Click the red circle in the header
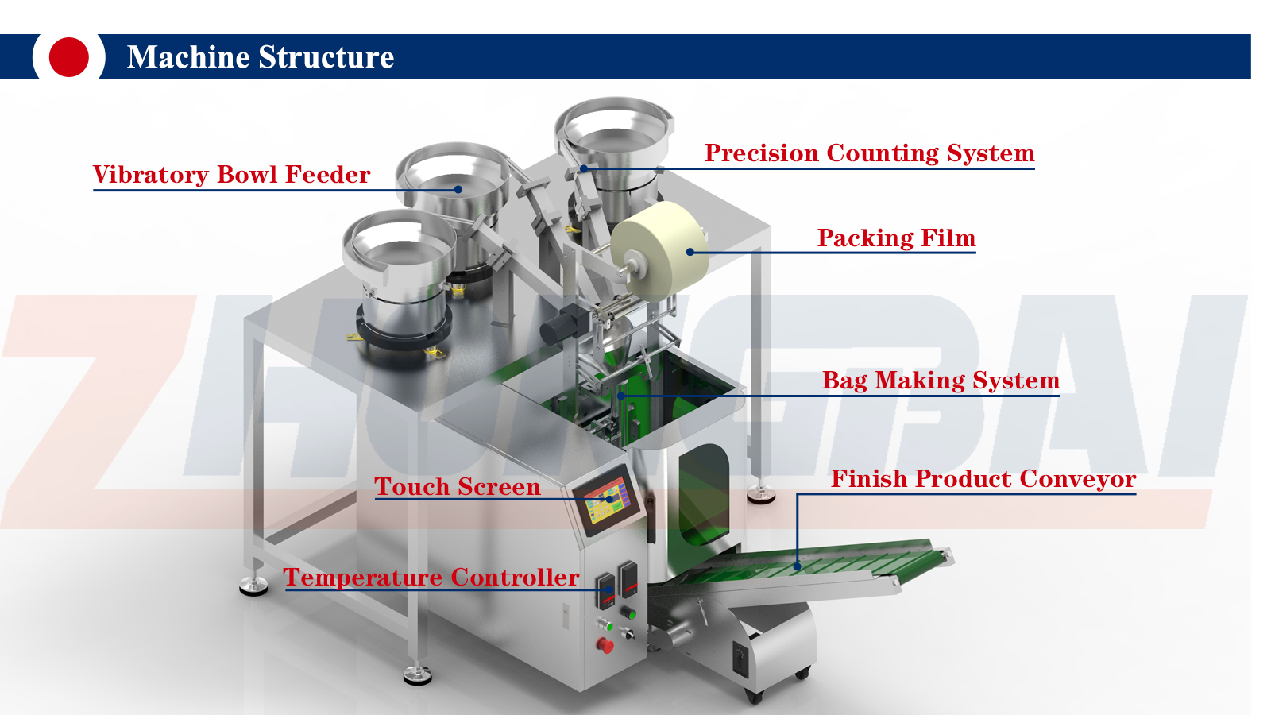pos(68,57)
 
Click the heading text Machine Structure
pos(260,57)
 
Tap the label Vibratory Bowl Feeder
pos(231,175)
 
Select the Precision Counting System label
pos(869,153)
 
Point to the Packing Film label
pos(896,238)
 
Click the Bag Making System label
pos(941,381)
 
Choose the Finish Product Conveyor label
pos(983,479)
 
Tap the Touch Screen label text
pos(457,487)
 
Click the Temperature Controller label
pos(431,578)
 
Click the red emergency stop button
pos(605,645)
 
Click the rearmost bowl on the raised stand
pos(614,131)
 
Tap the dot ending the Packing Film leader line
pos(690,252)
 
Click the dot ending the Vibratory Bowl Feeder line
pos(458,189)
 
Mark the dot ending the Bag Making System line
pos(621,395)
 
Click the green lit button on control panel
pos(632,614)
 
